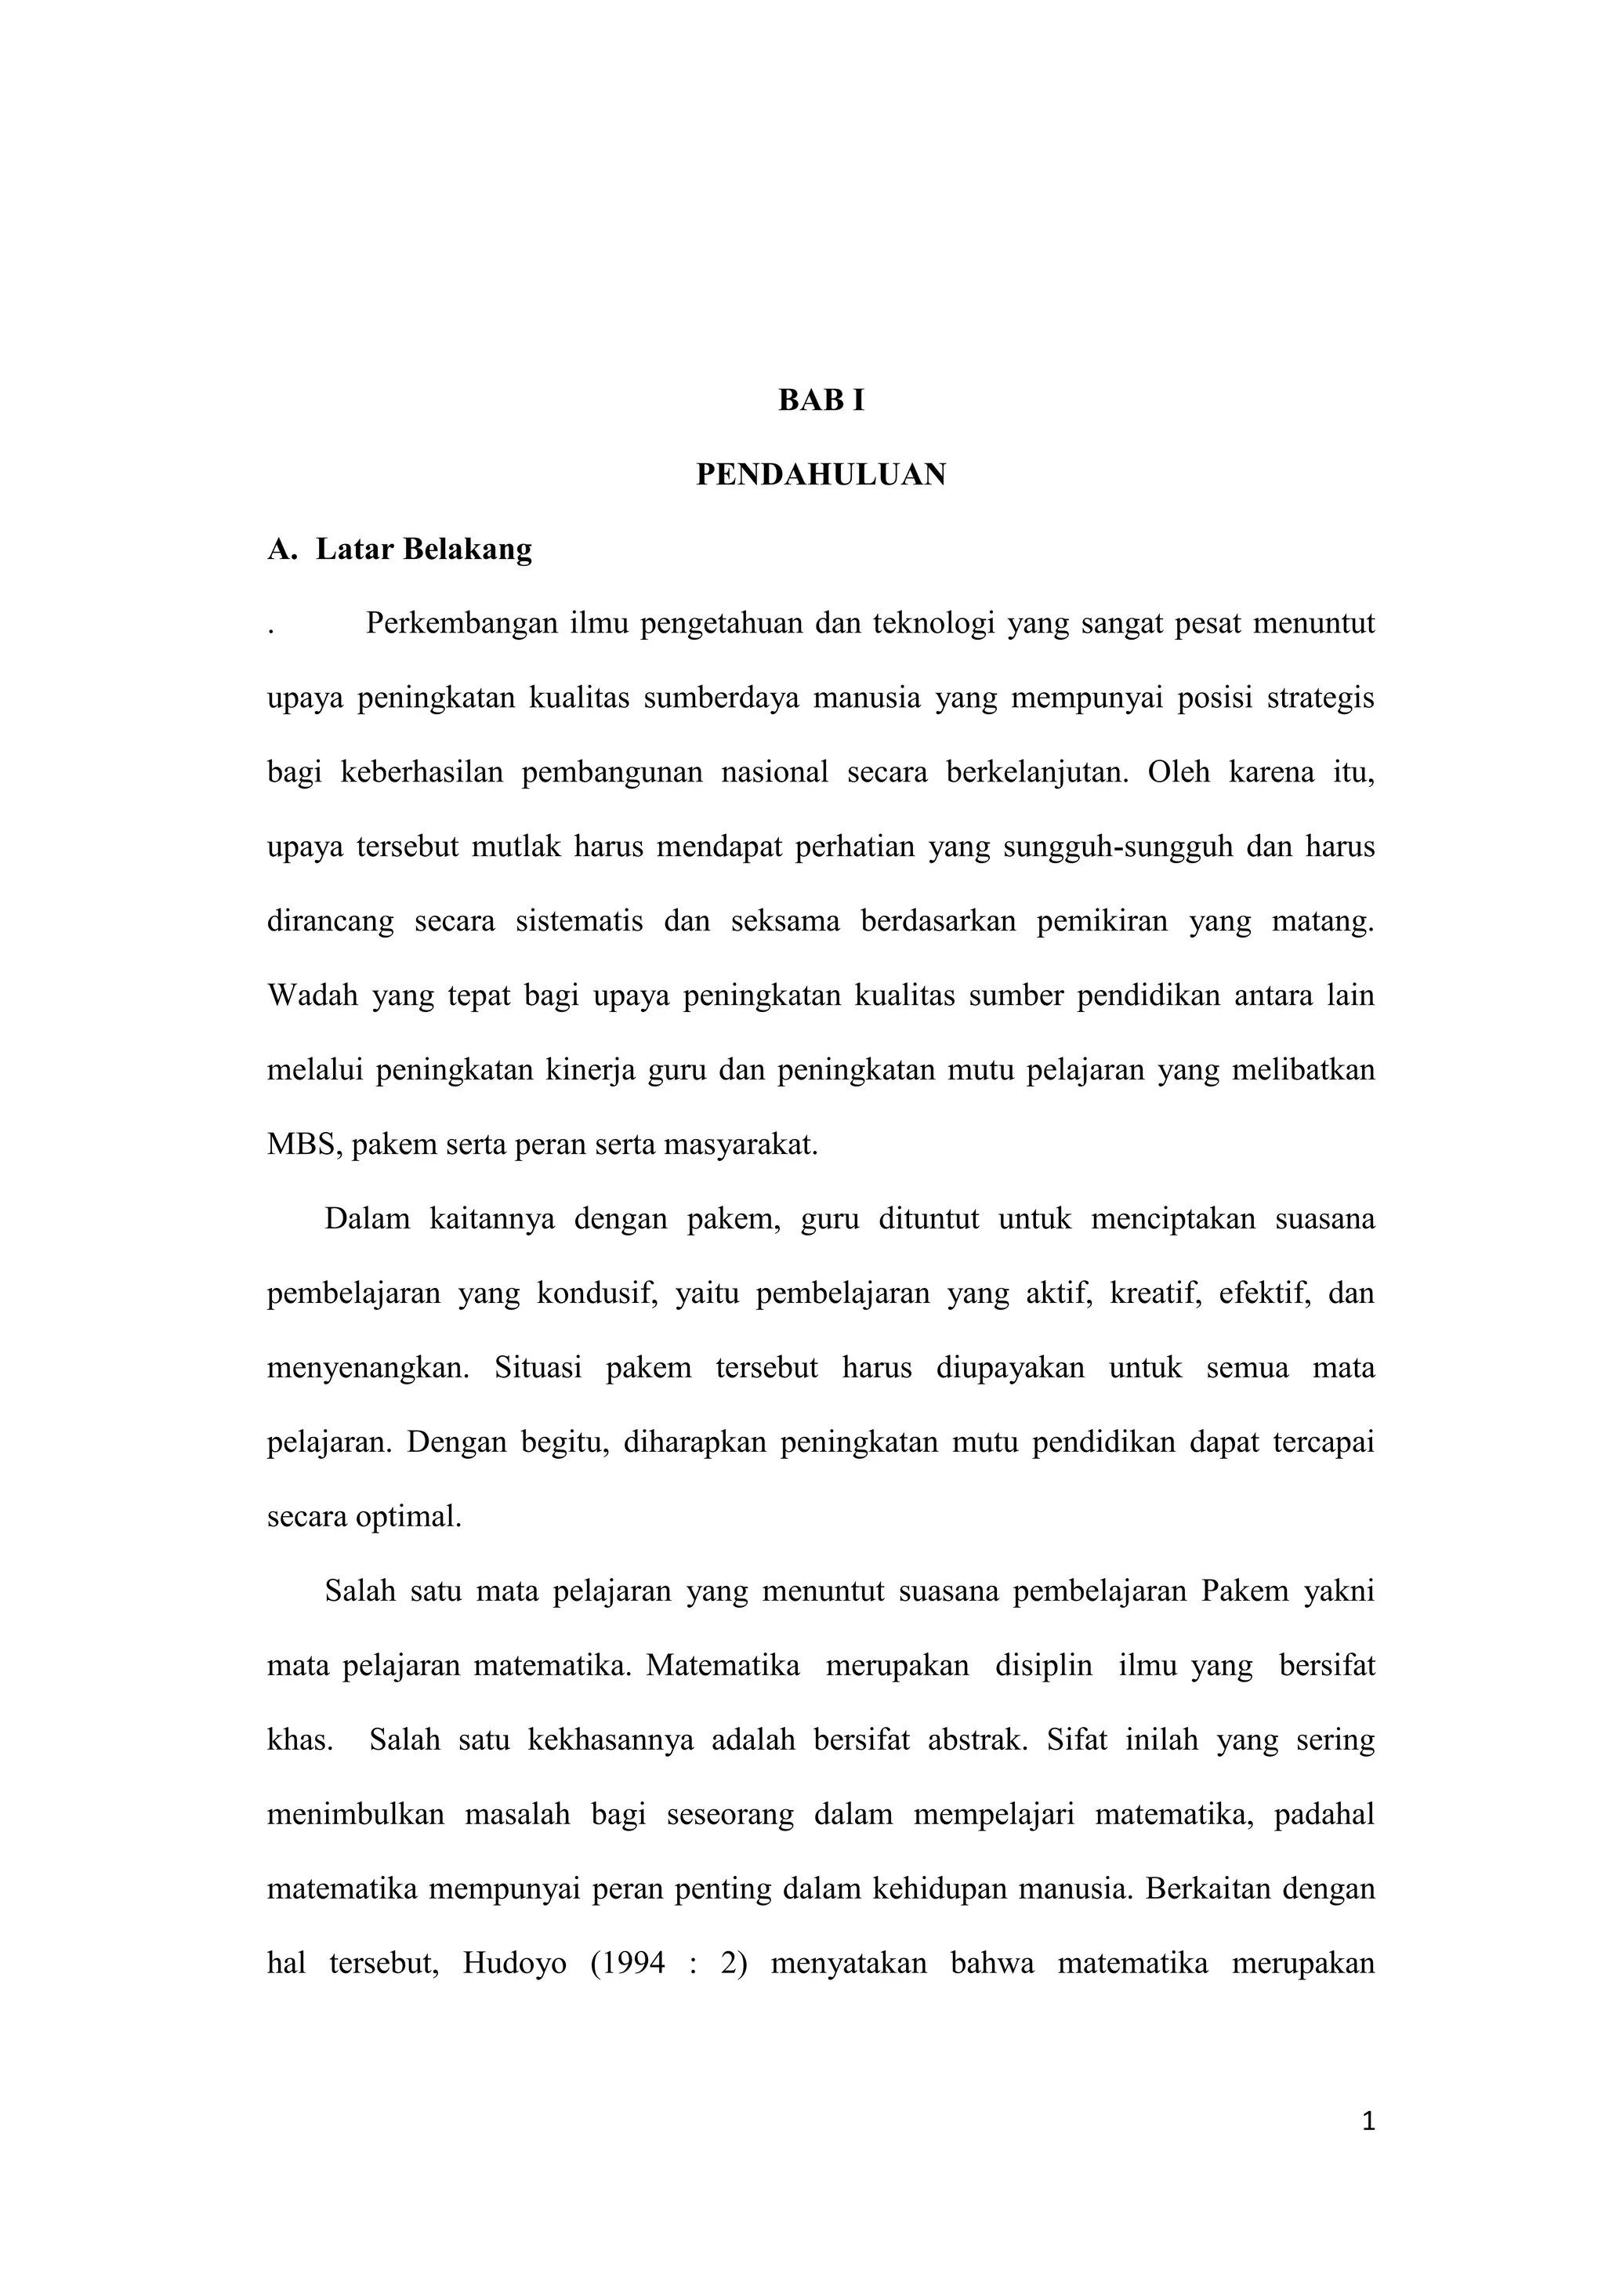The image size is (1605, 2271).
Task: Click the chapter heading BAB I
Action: [x=821, y=401]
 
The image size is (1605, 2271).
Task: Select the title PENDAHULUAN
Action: [x=821, y=475]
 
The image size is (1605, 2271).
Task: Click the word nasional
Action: [x=774, y=772]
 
